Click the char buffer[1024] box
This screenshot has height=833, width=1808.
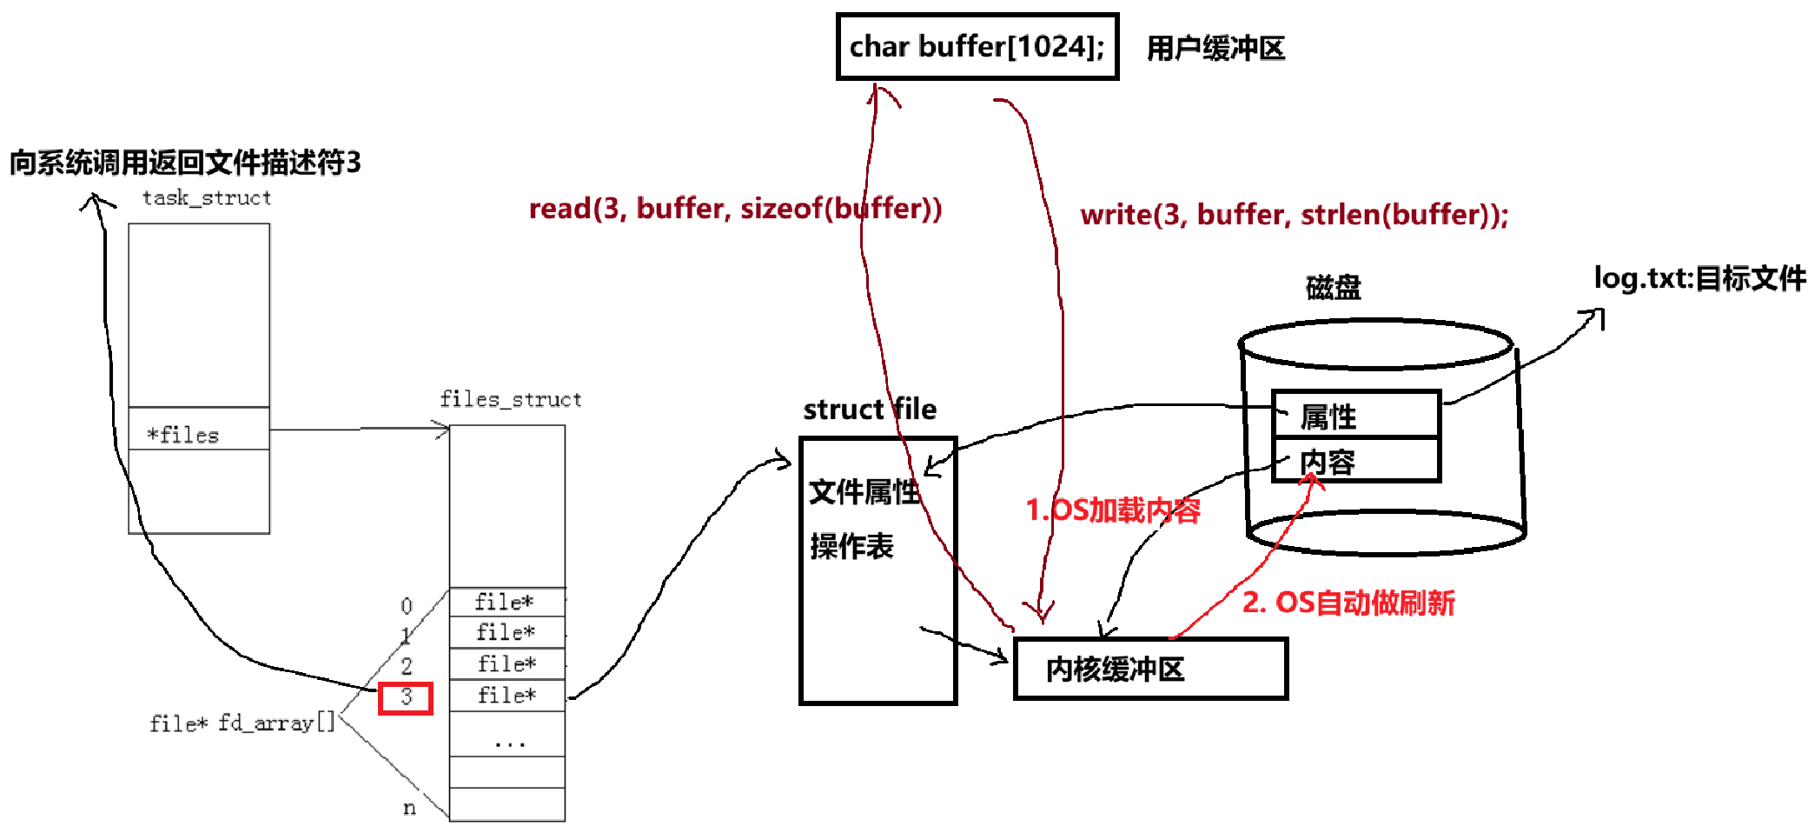coord(977,47)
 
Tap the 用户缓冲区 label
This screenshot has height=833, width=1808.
coord(1215,48)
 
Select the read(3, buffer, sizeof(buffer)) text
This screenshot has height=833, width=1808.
coord(735,209)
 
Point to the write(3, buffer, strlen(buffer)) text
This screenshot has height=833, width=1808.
coord(1294,215)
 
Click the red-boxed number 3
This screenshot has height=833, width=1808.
coord(406,697)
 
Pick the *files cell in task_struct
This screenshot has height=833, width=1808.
coord(198,434)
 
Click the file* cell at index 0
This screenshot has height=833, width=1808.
coord(506,602)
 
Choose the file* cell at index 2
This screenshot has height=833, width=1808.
coord(506,664)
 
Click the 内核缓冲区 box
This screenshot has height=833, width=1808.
coord(1149,669)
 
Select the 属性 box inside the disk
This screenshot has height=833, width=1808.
coord(1355,416)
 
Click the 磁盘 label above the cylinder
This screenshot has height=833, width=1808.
coord(1333,287)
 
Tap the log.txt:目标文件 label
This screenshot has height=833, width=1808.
coord(1699,278)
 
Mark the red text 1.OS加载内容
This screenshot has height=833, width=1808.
coord(1112,510)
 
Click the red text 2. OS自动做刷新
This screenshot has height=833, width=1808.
coord(1348,603)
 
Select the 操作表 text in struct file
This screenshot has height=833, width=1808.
coord(851,546)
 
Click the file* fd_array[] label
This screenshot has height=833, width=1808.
coord(242,723)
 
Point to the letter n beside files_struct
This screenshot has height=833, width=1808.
coord(409,808)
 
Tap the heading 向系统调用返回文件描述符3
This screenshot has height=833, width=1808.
coord(184,163)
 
